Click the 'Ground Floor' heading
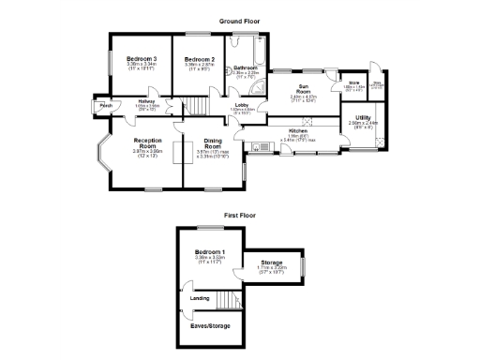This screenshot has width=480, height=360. click(x=239, y=21)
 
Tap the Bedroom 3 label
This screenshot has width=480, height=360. click(x=142, y=59)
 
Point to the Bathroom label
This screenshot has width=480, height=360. click(x=246, y=67)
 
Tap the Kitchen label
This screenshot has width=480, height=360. click(x=298, y=130)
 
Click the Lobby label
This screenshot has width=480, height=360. click(x=242, y=104)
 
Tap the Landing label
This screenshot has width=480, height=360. click(x=200, y=299)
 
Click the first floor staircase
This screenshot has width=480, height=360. click(x=228, y=300)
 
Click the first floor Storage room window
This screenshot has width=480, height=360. click(x=303, y=267)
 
